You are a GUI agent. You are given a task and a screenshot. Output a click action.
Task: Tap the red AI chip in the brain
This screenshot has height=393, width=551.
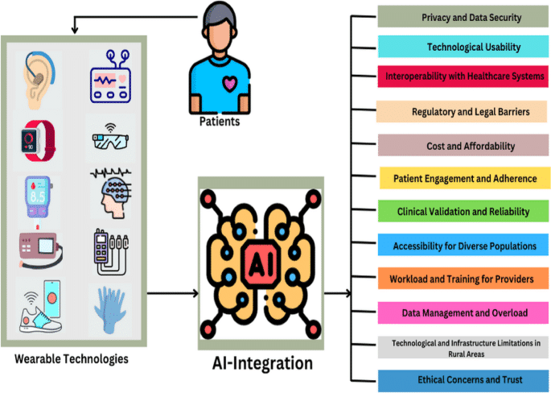(x=260, y=265)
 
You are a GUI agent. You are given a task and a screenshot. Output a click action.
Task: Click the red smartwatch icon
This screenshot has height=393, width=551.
(x=39, y=139)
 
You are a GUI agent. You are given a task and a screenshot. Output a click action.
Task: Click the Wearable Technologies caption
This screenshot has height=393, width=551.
(x=72, y=357)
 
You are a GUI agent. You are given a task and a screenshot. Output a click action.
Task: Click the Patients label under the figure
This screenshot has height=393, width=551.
(x=220, y=122)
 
